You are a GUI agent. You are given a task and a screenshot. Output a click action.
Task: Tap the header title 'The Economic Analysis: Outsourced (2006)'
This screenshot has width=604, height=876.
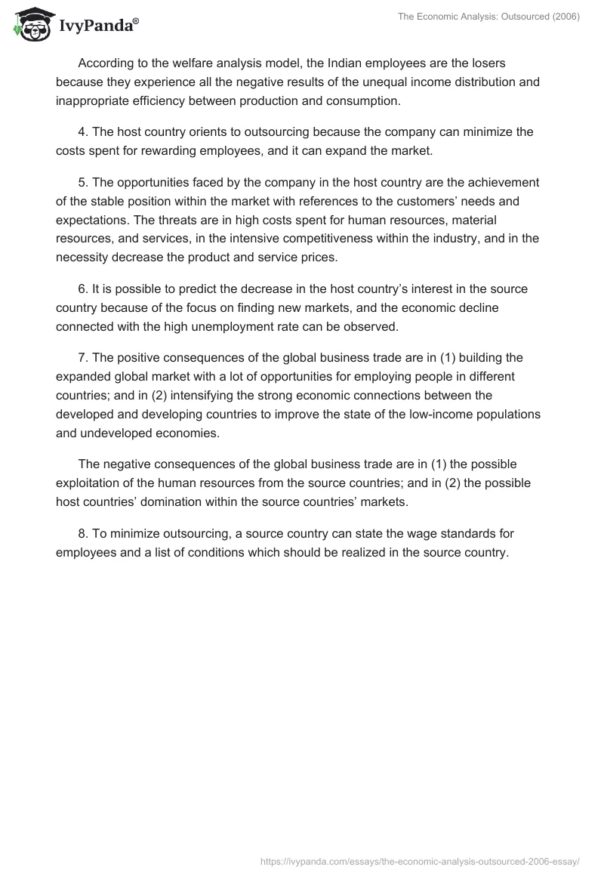tap(488, 18)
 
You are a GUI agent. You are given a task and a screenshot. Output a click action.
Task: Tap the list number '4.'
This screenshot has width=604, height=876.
tap(83, 132)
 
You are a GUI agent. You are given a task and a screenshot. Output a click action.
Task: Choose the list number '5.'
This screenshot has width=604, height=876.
tap(83, 183)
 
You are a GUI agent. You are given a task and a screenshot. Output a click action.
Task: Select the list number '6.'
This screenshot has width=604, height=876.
tap(83, 289)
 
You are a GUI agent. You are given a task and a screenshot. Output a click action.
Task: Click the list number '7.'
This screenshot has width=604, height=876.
tap(83, 358)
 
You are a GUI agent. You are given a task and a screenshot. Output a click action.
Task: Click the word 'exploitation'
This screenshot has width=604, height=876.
tap(91, 483)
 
